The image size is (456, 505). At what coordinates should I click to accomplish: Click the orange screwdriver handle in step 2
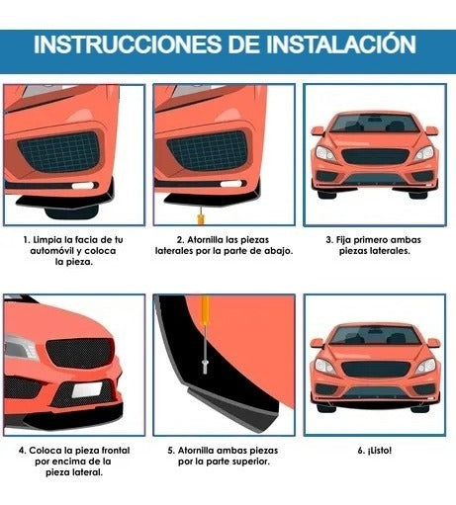pos(200,219)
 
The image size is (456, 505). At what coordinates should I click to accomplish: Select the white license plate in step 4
pos(87,390)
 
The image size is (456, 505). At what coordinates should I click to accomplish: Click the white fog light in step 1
pos(83,186)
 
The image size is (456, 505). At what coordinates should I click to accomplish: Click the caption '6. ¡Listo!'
pos(375,451)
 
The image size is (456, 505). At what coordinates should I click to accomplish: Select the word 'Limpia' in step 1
pos(48,239)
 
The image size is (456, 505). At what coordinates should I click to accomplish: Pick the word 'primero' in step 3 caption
pos(371,240)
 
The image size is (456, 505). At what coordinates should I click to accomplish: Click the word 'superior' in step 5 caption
pos(251,462)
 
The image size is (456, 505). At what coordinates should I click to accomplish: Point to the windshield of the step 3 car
pos(375,124)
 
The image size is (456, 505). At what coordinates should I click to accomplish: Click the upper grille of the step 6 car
pos(375,369)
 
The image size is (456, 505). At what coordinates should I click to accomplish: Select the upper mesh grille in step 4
pos(80,352)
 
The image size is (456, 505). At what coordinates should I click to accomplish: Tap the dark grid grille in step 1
pos(59,151)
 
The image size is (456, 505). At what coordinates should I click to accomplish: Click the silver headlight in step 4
pos(21,347)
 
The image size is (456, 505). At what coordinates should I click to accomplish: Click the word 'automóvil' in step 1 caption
pos(51,251)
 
